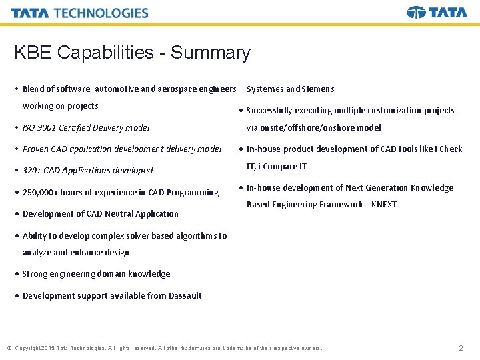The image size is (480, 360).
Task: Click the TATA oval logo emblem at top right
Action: (416, 13)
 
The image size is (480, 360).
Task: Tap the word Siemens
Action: (319, 89)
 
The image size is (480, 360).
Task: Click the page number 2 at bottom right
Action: (461, 348)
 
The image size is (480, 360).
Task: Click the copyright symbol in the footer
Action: (9, 348)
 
